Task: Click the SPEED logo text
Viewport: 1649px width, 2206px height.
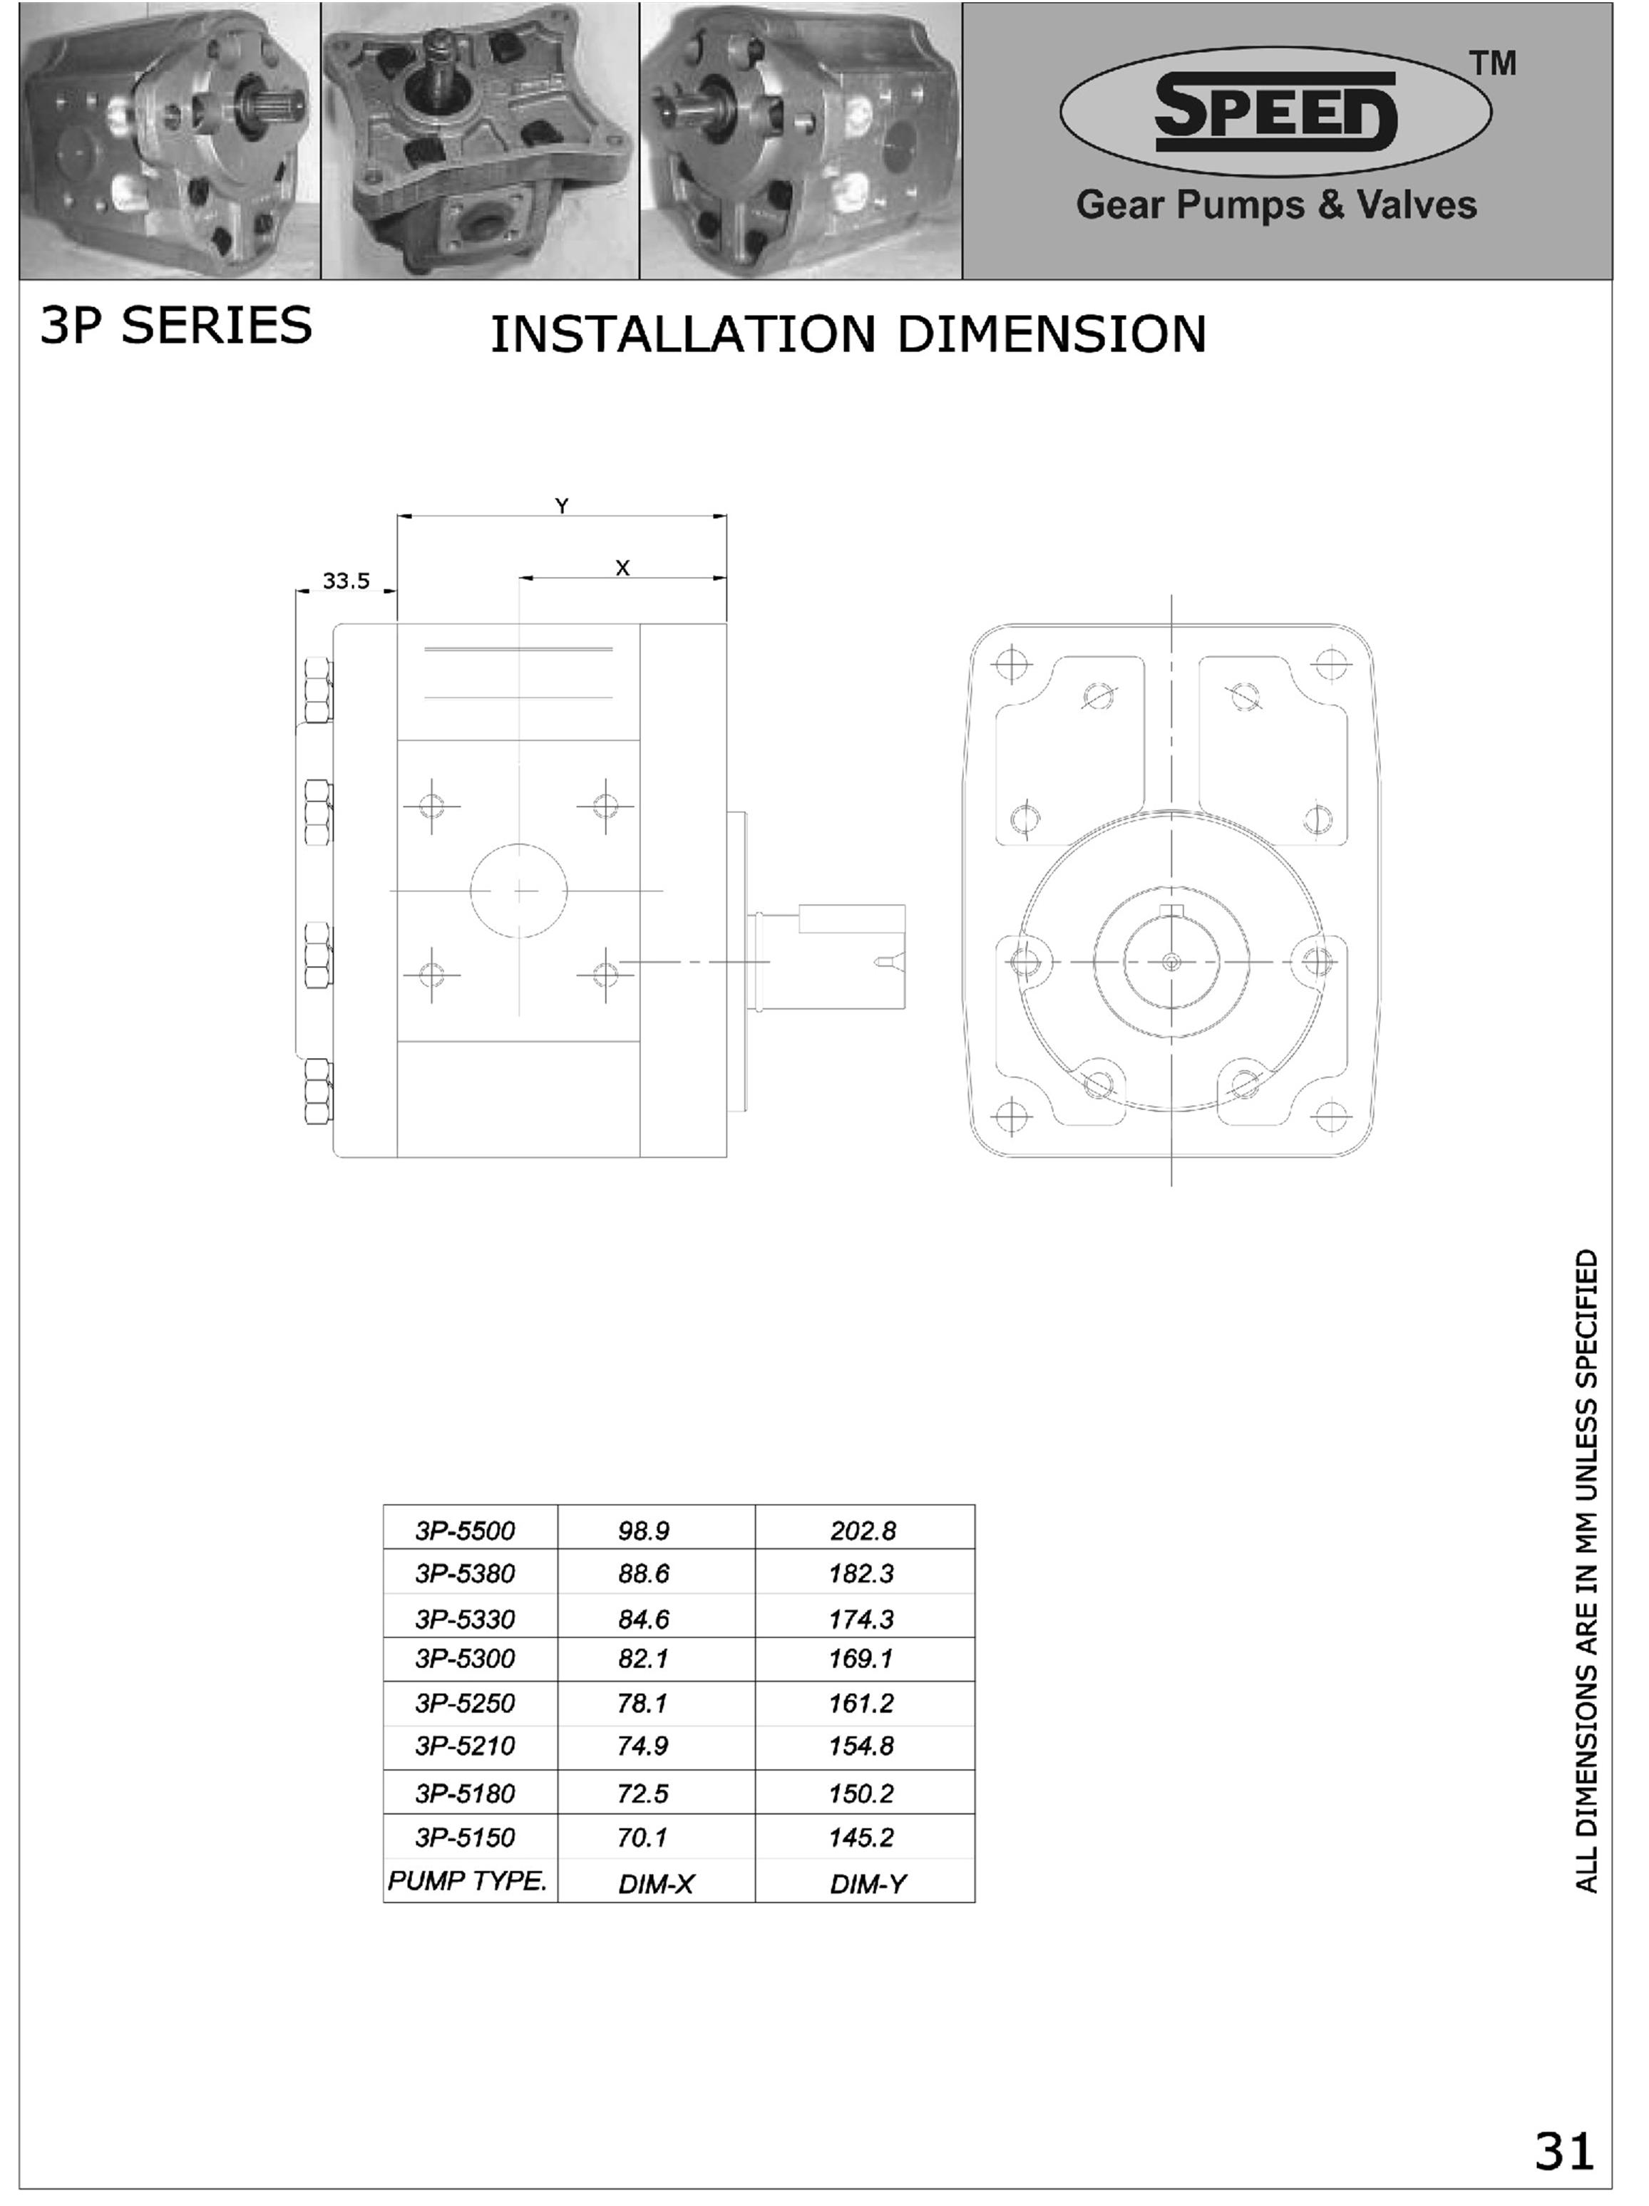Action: tap(1275, 110)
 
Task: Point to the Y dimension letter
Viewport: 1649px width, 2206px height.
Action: tap(562, 507)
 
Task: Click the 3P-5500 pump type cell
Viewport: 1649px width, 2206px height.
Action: tap(465, 1531)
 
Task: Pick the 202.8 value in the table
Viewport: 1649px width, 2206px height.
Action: tap(863, 1531)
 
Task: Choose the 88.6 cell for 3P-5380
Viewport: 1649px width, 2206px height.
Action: tap(644, 1574)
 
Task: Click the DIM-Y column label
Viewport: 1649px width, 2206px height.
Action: tap(868, 1884)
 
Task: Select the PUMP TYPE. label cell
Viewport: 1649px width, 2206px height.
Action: tap(467, 1881)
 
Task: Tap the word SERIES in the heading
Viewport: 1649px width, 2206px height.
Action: tap(217, 326)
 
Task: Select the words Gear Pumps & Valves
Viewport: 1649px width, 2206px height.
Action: tap(1276, 204)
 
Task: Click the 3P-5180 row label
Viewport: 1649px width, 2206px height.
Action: tap(465, 1794)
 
